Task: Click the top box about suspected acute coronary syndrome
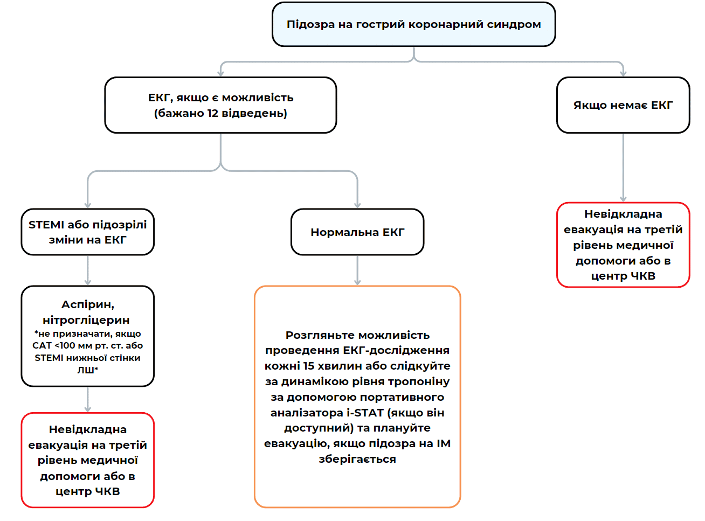point(413,24)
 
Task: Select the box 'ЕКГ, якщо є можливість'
point(220,105)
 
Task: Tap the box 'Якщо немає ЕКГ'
point(623,105)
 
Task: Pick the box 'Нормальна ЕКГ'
point(357,232)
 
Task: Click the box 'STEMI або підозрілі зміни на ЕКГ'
point(88,232)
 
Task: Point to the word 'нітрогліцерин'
point(86,320)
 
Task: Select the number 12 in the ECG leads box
point(213,113)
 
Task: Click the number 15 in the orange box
point(308,366)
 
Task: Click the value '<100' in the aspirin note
point(65,346)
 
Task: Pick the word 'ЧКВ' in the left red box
point(107,491)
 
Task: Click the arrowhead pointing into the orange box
point(357,282)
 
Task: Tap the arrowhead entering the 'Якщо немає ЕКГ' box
point(623,73)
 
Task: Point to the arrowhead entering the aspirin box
point(88,282)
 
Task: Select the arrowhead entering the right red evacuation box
point(623,199)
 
